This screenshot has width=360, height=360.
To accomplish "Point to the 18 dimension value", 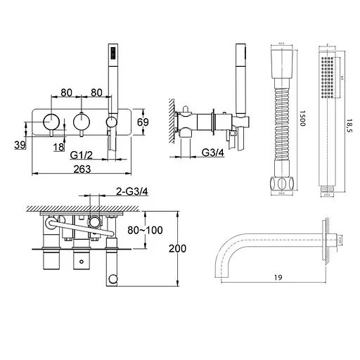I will click(59, 146).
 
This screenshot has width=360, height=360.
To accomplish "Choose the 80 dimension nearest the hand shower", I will click(97, 92).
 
